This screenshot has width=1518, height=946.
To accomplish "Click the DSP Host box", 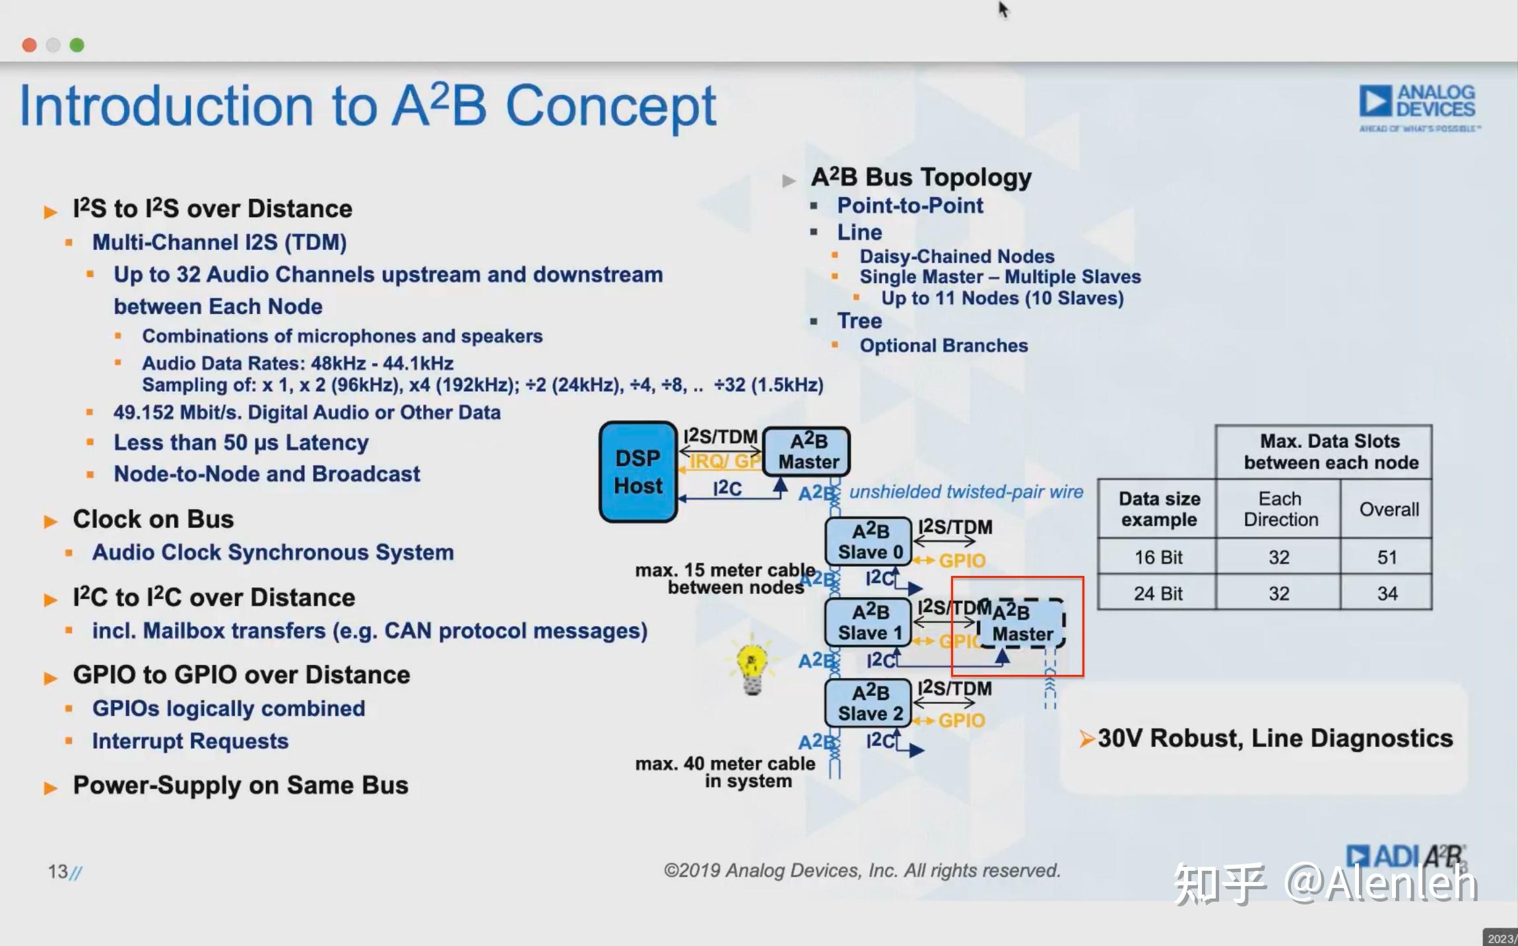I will [638, 472].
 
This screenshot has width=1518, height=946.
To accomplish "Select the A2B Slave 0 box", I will [869, 541].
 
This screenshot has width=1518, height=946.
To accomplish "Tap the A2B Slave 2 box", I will [869, 703].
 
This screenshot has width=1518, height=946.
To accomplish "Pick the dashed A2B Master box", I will [1022, 623].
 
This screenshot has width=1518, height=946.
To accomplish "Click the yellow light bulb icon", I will [752, 668].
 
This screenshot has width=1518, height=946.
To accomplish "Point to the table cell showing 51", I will [1387, 557].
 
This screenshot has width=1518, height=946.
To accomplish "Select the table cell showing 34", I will [1387, 594].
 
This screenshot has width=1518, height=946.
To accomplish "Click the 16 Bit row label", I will [1158, 557].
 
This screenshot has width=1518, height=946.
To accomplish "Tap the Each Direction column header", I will [1280, 509].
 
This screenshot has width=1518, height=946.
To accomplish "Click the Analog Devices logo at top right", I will [1418, 108].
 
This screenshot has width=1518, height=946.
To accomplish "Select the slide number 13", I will [58, 871].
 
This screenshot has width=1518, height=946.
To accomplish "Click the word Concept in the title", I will [610, 107].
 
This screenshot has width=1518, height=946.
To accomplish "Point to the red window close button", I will [29, 45].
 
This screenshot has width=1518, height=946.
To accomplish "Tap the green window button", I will [77, 45].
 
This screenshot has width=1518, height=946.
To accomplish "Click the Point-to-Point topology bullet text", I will [909, 206].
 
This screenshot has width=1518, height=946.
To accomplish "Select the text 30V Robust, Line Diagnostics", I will [1274, 738].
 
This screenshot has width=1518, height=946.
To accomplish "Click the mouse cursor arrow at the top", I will [1003, 9].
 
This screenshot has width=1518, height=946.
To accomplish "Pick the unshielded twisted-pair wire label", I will [966, 492].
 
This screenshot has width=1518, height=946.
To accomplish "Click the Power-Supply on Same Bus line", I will [240, 785].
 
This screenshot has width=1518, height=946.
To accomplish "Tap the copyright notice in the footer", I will [861, 871].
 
